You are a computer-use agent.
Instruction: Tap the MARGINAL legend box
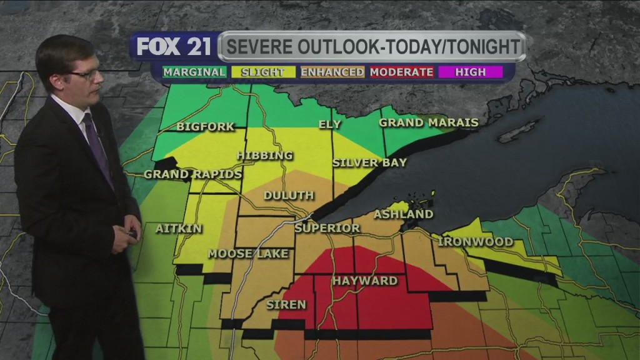click(194, 72)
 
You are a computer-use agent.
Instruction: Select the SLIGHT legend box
click(263, 72)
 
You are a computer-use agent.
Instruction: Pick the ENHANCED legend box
click(332, 72)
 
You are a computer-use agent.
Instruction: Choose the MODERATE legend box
click(402, 72)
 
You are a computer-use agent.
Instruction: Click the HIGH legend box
click(471, 72)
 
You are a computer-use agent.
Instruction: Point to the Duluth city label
click(288, 196)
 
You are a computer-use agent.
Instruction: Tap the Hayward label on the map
click(365, 281)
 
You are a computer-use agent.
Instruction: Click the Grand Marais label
click(429, 123)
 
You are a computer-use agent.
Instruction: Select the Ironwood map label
click(476, 242)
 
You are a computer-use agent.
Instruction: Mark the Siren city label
click(286, 305)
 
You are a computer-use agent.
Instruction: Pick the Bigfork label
click(205, 127)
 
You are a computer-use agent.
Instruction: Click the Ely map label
click(330, 124)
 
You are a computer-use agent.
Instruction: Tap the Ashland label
click(403, 214)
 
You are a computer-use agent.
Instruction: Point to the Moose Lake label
click(248, 254)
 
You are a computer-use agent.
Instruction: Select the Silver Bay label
click(369, 163)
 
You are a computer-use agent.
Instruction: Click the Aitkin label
click(179, 229)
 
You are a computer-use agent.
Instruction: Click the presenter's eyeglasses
click(86, 74)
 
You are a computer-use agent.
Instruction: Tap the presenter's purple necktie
click(97, 147)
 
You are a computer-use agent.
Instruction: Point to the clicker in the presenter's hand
click(132, 234)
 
